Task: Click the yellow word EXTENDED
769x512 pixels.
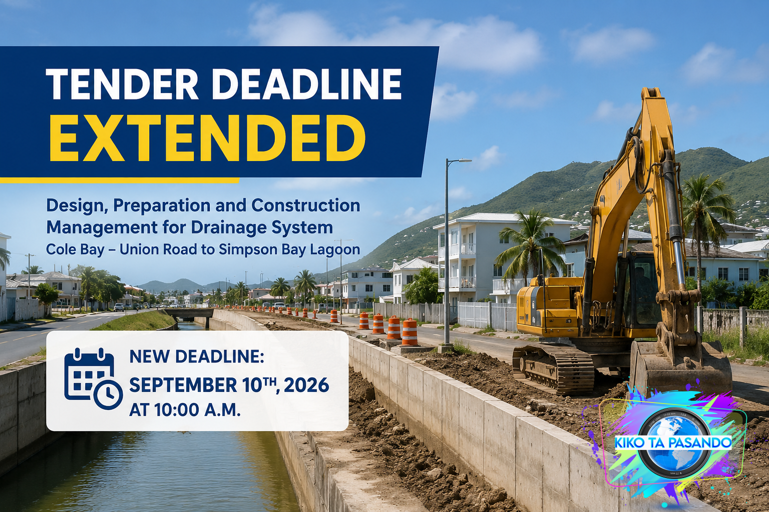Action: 207,138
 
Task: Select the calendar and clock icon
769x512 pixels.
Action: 93,378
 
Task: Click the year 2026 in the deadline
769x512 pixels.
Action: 306,385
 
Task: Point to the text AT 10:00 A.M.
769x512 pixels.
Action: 185,409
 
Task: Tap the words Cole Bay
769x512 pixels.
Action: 75,249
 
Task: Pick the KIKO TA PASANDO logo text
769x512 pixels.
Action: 673,442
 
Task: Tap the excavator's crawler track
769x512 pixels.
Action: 553,368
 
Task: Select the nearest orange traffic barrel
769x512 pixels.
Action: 410,332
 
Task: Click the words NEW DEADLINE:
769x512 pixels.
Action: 197,357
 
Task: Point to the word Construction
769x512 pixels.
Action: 306,206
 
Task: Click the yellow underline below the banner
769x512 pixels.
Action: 120,180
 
